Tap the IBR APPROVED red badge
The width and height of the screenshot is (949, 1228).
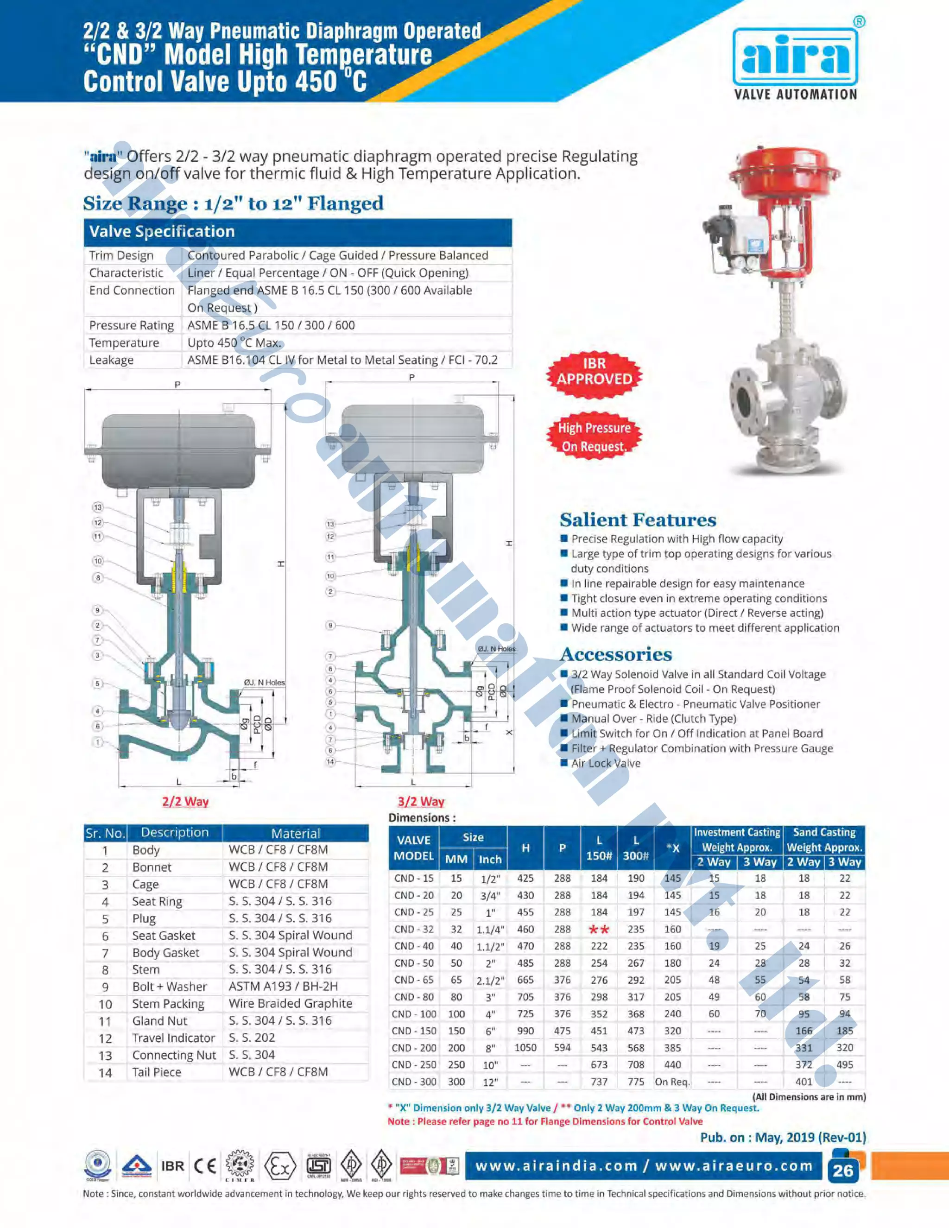click(x=594, y=371)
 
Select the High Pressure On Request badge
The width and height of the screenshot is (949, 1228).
click(x=594, y=437)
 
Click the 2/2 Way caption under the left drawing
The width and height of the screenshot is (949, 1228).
click(x=185, y=801)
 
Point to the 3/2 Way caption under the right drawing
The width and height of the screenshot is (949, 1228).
click(x=421, y=801)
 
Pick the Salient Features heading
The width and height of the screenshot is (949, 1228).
click(x=638, y=519)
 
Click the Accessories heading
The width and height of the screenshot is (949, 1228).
click(x=616, y=654)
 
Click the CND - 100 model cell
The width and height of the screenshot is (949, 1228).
click(x=414, y=1014)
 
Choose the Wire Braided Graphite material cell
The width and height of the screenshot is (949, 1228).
click(x=290, y=1003)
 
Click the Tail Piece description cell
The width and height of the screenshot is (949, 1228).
click(x=157, y=1072)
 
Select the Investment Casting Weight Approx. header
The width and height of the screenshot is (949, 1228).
click(x=736, y=840)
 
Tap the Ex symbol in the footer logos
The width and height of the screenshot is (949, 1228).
click(x=279, y=1166)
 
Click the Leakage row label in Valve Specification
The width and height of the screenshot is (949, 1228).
click(x=111, y=360)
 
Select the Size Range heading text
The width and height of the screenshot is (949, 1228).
click(x=234, y=203)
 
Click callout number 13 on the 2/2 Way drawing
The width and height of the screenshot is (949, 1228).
click(x=98, y=507)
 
